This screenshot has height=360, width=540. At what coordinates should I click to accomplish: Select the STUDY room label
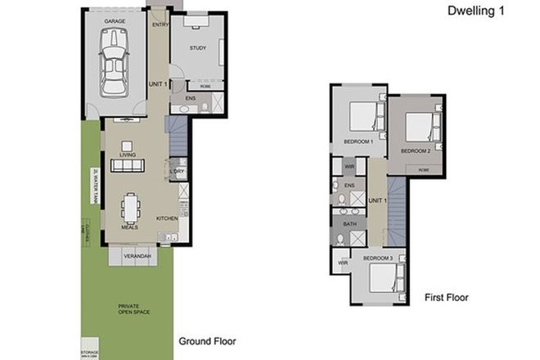pos(197,48)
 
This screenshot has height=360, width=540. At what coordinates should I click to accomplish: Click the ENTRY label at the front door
pos(160,25)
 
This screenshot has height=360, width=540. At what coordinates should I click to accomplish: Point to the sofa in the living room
pos(128,165)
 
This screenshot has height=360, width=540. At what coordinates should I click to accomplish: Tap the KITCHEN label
pos(168,218)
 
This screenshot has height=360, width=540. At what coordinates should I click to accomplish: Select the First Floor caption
pos(446,298)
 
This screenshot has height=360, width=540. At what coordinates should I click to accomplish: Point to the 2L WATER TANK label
pos(96,184)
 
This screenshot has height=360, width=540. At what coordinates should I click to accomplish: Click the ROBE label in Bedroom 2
pos(422,169)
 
